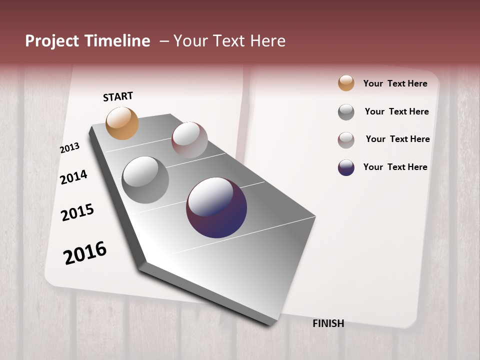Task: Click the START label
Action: (118, 96)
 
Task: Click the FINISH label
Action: (328, 323)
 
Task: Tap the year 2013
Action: (70, 148)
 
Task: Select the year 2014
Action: (74, 177)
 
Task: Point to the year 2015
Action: (77, 212)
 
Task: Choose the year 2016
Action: (85, 252)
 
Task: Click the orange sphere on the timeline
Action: (122, 123)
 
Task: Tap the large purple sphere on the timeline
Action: (216, 207)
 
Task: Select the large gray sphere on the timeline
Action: (145, 180)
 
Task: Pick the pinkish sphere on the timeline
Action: (189, 140)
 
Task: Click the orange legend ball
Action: (346, 83)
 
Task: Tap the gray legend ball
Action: (346, 112)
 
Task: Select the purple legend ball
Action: (346, 167)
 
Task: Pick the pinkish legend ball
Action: (346, 140)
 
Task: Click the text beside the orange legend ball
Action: (395, 83)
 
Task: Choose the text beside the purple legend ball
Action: (395, 167)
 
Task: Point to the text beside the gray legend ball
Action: (396, 111)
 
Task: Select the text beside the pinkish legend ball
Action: (397, 139)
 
